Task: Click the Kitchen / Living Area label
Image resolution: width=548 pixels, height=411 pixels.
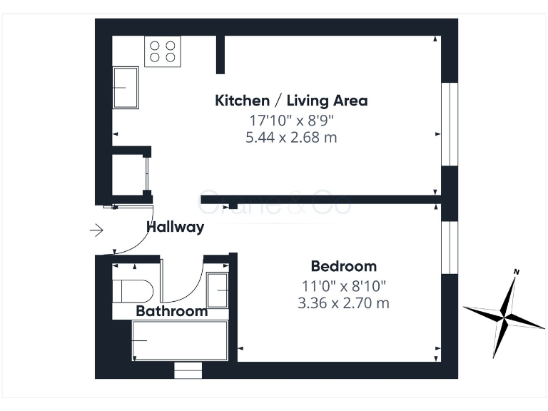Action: coord(291,101)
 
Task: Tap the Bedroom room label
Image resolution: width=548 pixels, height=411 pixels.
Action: coord(343,267)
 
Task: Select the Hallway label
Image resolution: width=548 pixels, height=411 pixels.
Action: coord(176,228)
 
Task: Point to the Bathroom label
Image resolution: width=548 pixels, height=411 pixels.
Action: coord(172,311)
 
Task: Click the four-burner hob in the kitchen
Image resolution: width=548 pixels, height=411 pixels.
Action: coord(162,51)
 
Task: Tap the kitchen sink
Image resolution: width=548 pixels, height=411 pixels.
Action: coord(126,87)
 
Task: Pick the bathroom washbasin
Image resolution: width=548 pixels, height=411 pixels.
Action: coord(218,290)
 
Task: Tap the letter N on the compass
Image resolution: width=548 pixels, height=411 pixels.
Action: coord(517,272)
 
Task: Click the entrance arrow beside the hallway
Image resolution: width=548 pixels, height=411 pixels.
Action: coord(96,230)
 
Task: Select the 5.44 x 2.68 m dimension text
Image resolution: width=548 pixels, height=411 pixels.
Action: coord(290,138)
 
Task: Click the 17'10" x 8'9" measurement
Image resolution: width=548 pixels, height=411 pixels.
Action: coord(290,119)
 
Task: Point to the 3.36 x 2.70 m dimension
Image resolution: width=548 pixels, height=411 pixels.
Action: coord(343,303)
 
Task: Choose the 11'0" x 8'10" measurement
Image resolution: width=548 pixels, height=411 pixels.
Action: coord(343,285)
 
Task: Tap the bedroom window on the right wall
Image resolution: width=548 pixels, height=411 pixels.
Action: coord(449,247)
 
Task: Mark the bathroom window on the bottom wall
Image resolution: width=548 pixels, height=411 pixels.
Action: coord(188,370)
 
